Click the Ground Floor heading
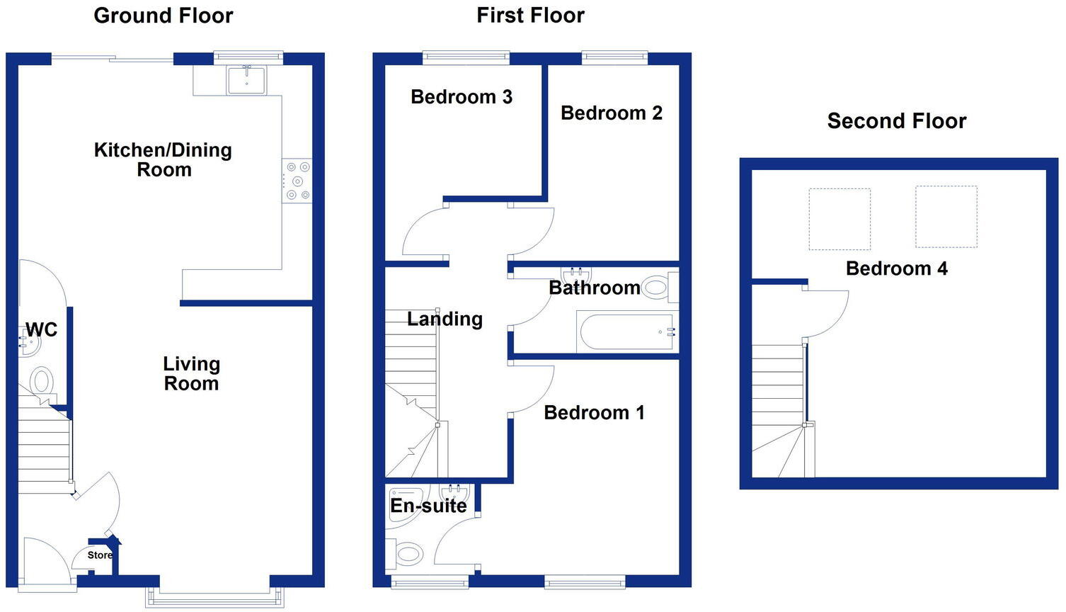coord(163,16)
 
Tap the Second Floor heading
coord(896,121)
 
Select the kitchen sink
coord(246,80)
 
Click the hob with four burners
coord(297,181)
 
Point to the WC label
coord(41,329)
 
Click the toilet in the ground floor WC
coord(42,382)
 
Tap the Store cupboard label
coord(99,555)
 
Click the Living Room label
coord(191,373)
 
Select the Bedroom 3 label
coord(461,97)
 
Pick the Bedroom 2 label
coord(611,113)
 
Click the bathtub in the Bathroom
coord(627,331)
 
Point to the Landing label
coord(445,319)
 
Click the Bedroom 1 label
coord(594,413)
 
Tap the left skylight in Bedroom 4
coord(839,219)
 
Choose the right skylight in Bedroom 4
coord(946,217)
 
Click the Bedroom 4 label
coord(896,269)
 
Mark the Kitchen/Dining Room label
coord(164,160)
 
